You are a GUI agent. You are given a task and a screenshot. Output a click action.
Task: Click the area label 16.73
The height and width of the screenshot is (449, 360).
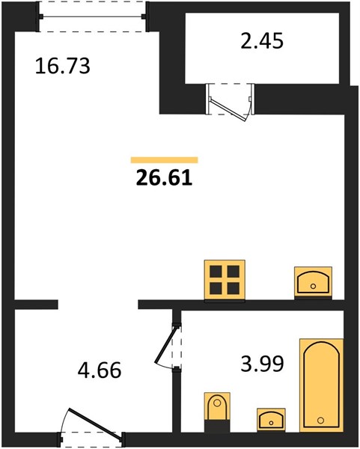[62, 66]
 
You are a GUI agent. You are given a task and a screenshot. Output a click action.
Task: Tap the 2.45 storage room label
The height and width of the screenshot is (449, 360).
[262, 40]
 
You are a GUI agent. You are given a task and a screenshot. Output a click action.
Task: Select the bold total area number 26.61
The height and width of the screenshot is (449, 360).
[164, 178]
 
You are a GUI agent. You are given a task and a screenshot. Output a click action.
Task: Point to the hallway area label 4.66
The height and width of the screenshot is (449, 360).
[100, 370]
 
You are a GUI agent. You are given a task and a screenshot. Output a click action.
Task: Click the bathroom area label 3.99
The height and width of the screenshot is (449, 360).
[262, 364]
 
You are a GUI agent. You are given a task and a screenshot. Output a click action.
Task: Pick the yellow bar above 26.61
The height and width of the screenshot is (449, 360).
[165, 160]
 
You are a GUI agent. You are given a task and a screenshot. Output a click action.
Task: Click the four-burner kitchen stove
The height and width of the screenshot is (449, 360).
[225, 280]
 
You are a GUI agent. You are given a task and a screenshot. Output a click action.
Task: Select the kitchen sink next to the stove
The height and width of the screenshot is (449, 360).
[314, 283]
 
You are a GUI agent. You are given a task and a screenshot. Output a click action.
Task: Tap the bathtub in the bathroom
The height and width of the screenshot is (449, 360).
[321, 385]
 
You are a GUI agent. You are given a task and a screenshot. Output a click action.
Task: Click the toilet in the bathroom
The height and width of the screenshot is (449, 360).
[217, 412]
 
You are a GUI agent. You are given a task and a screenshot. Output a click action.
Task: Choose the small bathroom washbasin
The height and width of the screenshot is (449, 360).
[271, 419]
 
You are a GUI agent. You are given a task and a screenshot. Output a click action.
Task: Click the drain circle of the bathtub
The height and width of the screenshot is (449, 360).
[321, 421]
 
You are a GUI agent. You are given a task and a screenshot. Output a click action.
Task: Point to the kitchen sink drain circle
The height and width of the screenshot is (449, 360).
[313, 286]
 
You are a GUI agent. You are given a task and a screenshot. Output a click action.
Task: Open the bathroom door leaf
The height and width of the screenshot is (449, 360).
[165, 345]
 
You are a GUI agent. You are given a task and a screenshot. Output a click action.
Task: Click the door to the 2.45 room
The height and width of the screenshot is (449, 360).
[228, 109]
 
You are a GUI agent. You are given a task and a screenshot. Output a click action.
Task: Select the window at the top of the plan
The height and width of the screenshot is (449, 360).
[93, 16]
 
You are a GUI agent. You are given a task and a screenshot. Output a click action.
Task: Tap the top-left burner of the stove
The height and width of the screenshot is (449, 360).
[216, 272]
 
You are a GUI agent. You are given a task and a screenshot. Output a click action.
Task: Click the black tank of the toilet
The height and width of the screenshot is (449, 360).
[217, 426]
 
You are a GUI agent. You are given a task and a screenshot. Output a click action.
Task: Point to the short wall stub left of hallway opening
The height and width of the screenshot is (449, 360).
[36, 305]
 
